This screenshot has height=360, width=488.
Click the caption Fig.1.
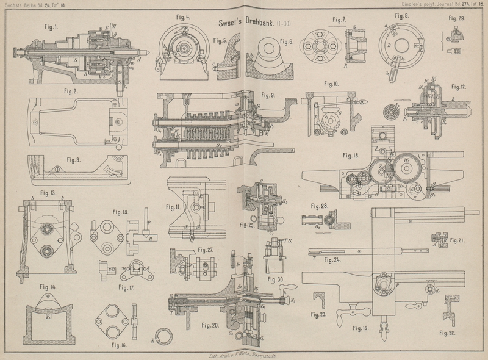click(x=51, y=27)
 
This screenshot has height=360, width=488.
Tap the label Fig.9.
click(x=268, y=95)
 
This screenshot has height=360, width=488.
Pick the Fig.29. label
click(x=456, y=19)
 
